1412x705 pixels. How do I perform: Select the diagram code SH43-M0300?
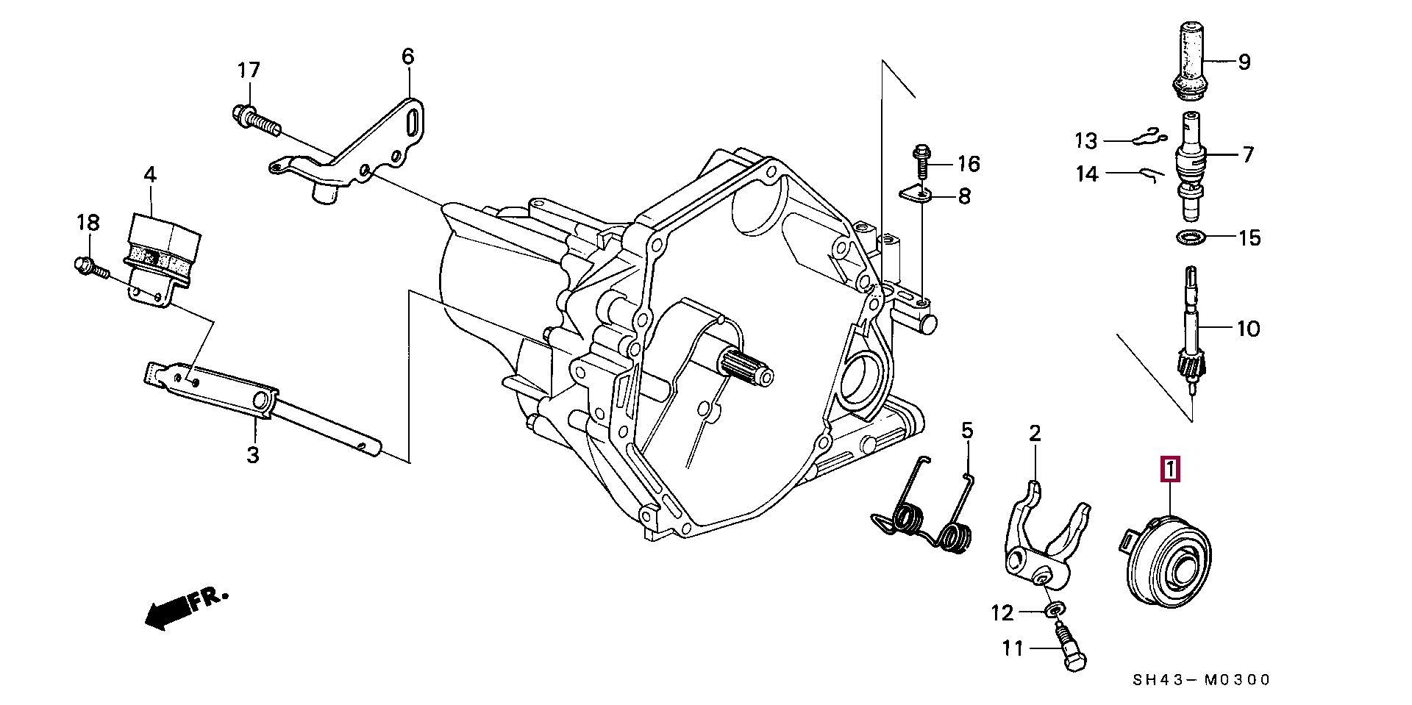pos(1200,681)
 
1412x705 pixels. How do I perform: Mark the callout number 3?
pos(253,455)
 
